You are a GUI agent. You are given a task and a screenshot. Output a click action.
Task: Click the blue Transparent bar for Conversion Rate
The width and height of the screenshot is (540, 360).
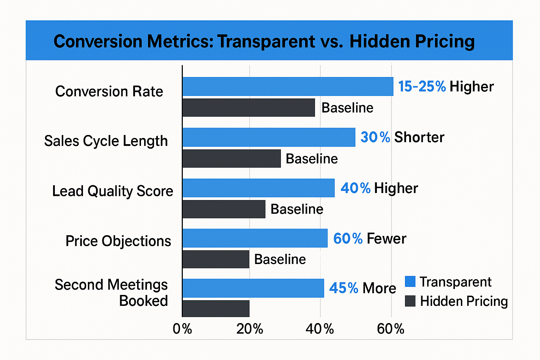[288, 86]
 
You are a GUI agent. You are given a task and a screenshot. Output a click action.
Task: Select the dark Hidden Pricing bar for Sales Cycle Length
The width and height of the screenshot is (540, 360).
[232, 159]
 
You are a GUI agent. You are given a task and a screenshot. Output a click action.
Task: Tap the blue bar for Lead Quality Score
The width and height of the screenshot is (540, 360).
[258, 188]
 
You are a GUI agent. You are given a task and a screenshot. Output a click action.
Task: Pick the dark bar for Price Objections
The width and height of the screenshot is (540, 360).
[216, 259]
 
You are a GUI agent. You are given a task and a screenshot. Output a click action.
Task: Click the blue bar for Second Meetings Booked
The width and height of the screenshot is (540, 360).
[253, 288]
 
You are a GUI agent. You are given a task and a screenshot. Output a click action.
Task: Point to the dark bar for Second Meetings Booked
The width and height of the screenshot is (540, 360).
[216, 308]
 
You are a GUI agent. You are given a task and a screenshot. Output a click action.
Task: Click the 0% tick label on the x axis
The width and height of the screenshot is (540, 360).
[182, 329]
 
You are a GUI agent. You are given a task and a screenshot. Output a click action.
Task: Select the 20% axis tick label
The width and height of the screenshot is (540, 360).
[250, 329]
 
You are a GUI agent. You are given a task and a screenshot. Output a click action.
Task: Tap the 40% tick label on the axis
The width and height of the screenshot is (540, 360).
[320, 329]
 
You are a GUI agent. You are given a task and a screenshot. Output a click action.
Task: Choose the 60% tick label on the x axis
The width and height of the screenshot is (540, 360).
[391, 329]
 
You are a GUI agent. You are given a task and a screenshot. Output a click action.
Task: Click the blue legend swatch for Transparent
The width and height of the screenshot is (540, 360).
[410, 282]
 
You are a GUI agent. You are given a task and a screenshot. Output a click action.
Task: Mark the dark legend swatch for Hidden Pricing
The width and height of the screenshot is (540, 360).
[410, 301]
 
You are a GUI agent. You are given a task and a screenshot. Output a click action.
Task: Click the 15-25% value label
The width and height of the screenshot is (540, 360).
[422, 86]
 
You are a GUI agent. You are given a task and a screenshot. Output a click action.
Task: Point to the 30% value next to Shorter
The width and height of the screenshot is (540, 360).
[375, 137]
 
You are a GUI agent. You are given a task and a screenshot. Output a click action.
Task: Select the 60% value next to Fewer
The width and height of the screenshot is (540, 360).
[348, 239]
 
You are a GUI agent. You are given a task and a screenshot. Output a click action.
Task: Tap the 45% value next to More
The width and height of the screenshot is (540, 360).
[343, 288]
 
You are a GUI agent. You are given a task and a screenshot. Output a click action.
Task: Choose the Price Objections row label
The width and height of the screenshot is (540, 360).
[118, 241]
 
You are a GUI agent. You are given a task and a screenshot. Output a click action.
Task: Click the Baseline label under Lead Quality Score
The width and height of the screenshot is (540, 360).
[297, 209]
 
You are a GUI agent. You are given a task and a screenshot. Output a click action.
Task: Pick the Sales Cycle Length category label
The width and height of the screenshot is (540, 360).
[106, 141]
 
